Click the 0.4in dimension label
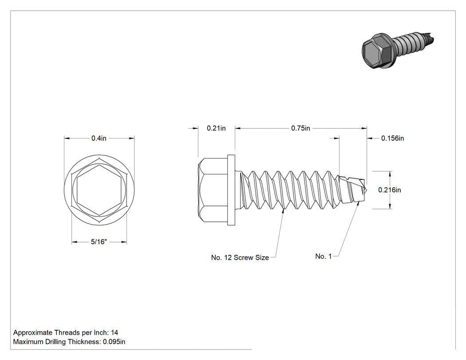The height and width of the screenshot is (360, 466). pyautogui.click(x=99, y=138)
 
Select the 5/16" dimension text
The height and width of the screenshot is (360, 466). pyautogui.click(x=99, y=242)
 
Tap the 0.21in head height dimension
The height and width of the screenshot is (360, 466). pyautogui.click(x=216, y=128)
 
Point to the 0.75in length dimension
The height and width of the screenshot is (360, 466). pyautogui.click(x=300, y=128)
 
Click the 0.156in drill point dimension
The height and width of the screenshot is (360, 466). pyautogui.click(x=392, y=138)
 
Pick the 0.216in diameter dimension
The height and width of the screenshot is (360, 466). pyautogui.click(x=389, y=190)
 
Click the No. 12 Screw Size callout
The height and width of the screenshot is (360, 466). pyautogui.click(x=240, y=257)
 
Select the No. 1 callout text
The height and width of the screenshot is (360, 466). pyautogui.click(x=324, y=256)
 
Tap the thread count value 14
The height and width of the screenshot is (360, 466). pyautogui.click(x=115, y=332)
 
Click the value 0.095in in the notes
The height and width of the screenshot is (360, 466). pyautogui.click(x=114, y=342)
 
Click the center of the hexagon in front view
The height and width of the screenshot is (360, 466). pyautogui.click(x=99, y=190)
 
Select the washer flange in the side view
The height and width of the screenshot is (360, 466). pyautogui.click(x=231, y=190)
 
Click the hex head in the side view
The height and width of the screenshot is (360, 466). pyautogui.click(x=213, y=190)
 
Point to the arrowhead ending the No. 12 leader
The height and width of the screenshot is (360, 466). pyautogui.click(x=283, y=211)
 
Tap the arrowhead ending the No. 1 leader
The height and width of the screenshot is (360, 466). pyautogui.click(x=359, y=204)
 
